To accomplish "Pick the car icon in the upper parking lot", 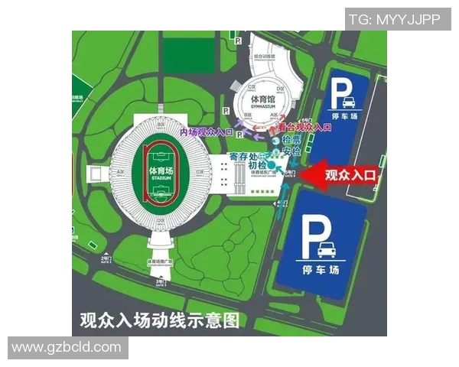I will point(347,103).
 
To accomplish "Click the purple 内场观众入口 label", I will point(206,132).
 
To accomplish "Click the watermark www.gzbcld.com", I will point(67,348).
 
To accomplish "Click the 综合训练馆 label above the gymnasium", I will point(263,57).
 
